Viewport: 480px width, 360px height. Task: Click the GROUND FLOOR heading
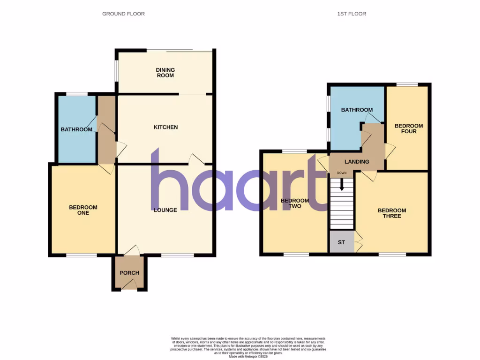(123, 14)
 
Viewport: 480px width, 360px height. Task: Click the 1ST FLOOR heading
(352, 14)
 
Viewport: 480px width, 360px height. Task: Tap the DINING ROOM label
(165, 73)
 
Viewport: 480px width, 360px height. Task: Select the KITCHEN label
(166, 127)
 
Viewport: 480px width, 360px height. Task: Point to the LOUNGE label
(165, 210)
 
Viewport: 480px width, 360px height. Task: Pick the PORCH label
(129, 273)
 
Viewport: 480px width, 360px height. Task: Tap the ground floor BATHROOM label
(76, 129)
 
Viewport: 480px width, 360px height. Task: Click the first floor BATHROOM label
(357, 110)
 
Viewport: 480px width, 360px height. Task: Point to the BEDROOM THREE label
(392, 213)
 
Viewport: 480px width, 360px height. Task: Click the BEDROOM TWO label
(295, 203)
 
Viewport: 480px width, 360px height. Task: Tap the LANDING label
(357, 162)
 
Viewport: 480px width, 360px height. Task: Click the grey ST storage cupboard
(341, 243)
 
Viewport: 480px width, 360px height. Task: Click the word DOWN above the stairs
(342, 173)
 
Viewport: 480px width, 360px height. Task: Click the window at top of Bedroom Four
(406, 84)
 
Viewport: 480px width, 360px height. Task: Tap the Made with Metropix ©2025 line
(248, 357)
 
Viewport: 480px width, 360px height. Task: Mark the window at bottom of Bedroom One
(82, 255)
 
